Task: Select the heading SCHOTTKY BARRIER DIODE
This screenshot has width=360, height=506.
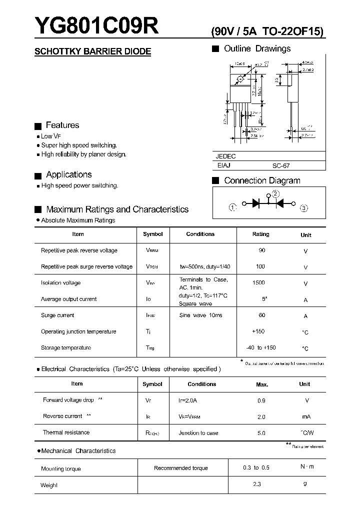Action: point(92,51)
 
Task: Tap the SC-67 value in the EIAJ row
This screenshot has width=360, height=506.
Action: point(280,165)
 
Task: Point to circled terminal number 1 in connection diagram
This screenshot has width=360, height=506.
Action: point(232,207)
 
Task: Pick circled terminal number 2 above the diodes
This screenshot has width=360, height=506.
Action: point(275,194)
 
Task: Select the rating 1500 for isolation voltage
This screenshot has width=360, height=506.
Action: point(258,282)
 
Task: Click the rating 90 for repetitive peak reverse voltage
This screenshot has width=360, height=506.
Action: point(261,250)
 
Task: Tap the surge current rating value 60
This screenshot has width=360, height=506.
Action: point(261,315)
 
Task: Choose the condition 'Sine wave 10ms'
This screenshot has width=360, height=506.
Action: point(200,315)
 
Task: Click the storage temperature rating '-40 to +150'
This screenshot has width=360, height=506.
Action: point(261,347)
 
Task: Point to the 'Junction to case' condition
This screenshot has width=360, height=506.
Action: point(198,433)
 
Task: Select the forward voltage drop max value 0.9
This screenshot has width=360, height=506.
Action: point(261,400)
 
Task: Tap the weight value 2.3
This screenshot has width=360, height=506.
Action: point(257,484)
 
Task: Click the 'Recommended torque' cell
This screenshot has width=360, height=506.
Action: point(181,468)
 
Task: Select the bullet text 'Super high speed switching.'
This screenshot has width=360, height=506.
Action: point(79,145)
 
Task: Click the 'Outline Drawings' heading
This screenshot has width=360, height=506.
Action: point(257,48)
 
